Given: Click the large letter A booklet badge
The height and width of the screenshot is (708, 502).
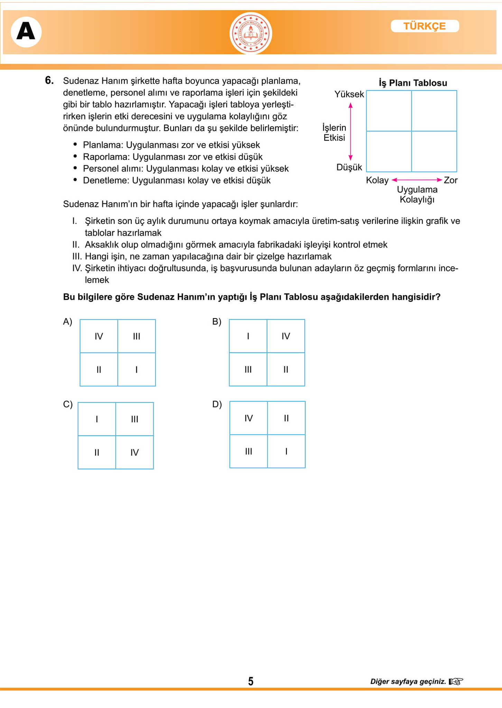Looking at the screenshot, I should point(26,32).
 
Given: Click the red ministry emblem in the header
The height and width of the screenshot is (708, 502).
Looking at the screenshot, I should point(251,34).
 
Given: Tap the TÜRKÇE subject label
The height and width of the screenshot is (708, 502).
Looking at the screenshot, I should point(425,26).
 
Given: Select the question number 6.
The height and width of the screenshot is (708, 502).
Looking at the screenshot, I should point(49,81).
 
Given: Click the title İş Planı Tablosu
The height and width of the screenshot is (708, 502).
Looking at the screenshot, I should point(413,83).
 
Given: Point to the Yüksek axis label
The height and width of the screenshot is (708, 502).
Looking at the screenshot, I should point(349,94).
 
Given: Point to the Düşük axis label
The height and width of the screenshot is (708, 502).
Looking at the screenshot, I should point(349,167).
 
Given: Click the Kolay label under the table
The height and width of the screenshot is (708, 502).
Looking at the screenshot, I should point(377,180).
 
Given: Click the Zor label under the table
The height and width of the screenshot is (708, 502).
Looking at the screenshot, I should point(450,180).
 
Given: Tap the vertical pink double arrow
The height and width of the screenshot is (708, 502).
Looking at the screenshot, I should point(351,131).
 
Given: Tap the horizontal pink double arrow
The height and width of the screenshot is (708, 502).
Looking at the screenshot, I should point(417,180).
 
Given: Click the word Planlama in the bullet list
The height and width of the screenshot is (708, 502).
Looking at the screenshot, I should point(103,145).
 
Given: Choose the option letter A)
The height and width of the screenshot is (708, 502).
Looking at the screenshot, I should point(67,322).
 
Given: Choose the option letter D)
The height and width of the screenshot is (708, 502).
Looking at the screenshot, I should point(217,404).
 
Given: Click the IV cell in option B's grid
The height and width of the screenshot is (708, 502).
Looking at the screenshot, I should point(286,336).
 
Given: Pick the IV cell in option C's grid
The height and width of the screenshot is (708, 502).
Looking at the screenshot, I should point(134,452).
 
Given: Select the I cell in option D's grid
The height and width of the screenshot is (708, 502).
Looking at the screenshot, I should point(286,451).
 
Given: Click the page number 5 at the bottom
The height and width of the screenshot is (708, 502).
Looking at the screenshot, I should point(251,681).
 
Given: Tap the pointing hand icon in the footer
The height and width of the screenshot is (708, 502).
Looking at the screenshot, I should point(456,681).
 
